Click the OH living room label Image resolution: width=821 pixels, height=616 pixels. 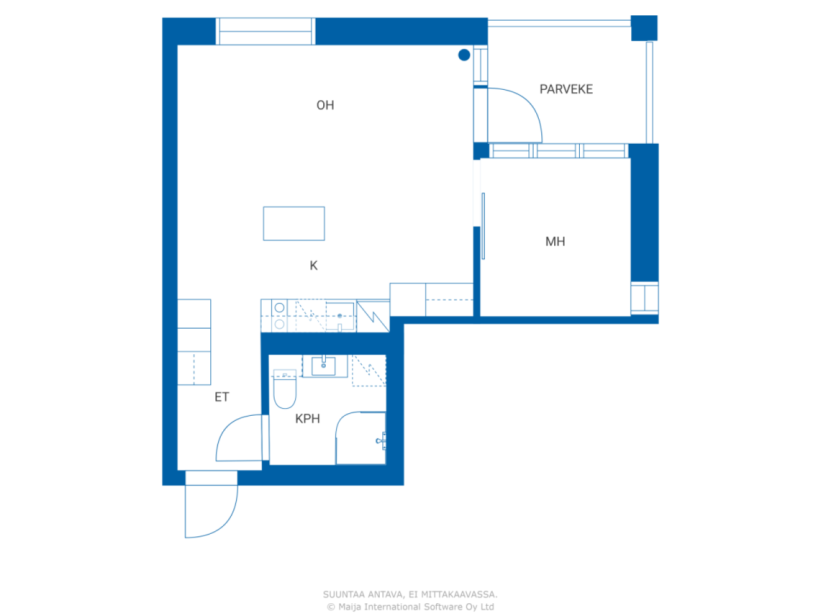[325, 105]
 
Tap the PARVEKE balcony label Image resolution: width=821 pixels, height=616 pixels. [566, 89]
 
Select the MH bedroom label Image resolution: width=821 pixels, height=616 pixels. [555, 241]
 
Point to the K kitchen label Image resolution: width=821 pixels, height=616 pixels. [314, 265]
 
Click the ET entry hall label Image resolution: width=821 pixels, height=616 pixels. [221, 397]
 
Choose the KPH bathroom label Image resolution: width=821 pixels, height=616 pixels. [307, 418]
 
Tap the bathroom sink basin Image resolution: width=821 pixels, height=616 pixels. [323, 366]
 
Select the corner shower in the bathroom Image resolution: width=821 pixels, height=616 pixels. [361, 438]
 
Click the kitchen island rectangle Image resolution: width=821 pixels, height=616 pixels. [294, 224]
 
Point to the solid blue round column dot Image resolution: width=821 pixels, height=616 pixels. [464, 55]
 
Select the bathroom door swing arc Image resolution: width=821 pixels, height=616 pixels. [228, 427]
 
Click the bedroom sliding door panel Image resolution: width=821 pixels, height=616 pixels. [483, 226]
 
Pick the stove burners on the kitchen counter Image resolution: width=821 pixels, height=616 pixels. [280, 316]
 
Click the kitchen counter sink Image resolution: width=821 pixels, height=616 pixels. [339, 317]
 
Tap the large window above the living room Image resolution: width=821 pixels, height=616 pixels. [266, 31]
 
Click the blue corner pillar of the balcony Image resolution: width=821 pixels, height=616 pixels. [644, 28]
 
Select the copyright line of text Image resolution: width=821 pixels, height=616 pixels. [410, 606]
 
